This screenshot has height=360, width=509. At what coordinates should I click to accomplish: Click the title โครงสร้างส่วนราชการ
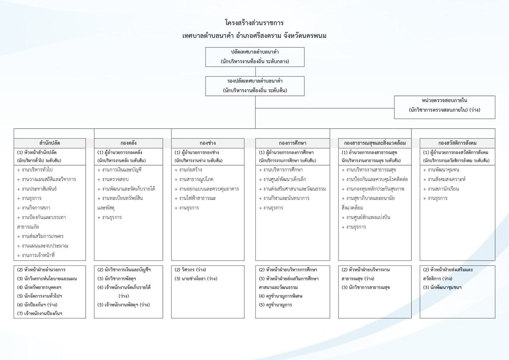(254, 23)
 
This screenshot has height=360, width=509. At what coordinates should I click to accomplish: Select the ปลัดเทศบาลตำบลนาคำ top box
(255, 57)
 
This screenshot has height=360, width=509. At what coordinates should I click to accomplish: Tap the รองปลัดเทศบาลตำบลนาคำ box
(255, 86)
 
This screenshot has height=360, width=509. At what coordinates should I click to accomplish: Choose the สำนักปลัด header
(50, 143)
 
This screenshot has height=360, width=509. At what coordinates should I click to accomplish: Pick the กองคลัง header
(129, 143)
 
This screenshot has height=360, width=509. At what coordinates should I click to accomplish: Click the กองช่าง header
(208, 143)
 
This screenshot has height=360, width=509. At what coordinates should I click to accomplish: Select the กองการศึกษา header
(292, 143)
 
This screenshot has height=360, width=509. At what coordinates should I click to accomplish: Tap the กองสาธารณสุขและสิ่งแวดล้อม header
(375, 143)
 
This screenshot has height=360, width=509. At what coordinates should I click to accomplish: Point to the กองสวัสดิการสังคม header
(457, 143)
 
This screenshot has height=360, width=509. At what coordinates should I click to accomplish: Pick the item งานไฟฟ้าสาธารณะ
(197, 198)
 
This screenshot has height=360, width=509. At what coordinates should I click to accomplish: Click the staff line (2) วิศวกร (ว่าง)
(190, 270)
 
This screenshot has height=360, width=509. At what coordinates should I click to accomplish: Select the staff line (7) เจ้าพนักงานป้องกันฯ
(40, 314)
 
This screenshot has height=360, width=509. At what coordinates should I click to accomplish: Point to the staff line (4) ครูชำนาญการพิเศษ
(281, 296)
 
